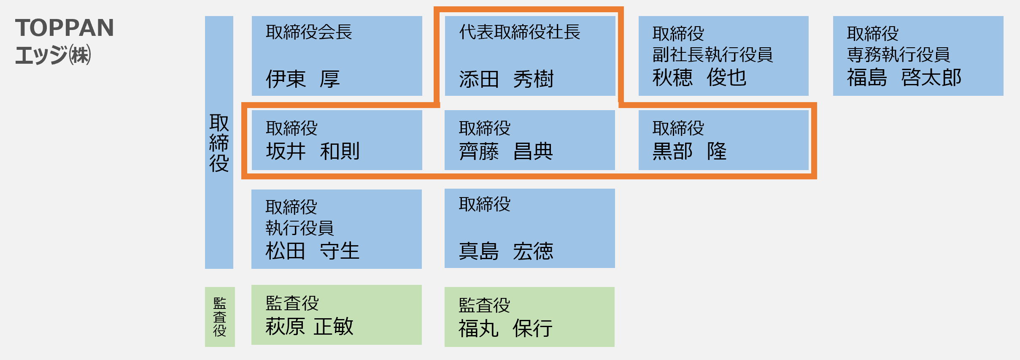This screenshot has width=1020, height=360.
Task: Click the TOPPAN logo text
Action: [x=65, y=28]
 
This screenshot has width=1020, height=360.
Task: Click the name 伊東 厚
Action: [x=302, y=79]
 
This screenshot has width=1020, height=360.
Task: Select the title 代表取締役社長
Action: [x=520, y=32]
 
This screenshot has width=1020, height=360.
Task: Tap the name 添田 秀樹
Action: [x=506, y=79]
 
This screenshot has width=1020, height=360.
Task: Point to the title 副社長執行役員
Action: [x=712, y=55]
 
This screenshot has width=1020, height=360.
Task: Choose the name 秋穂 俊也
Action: [x=699, y=78]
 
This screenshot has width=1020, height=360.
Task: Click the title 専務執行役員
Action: [x=898, y=55]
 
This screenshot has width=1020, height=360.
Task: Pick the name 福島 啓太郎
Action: [x=904, y=78]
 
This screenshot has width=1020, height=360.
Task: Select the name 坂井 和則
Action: [x=313, y=151]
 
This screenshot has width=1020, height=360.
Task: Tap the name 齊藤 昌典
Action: [x=506, y=151]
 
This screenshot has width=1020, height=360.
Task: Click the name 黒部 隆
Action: [x=689, y=151]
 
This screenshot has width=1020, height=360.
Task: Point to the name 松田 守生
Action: [x=312, y=251]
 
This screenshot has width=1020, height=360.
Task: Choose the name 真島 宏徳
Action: [x=506, y=251]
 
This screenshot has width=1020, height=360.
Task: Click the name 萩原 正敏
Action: [x=309, y=326]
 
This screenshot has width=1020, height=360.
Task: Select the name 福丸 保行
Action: [x=505, y=328]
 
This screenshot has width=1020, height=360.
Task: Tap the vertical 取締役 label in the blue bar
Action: [x=219, y=143]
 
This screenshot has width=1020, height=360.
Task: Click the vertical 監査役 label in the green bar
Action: [x=220, y=317]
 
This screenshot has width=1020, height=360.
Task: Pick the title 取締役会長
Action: [x=309, y=32]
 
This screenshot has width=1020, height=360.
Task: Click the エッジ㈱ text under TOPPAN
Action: [x=53, y=55]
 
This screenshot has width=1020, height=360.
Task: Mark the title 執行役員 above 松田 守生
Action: [x=300, y=228]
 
